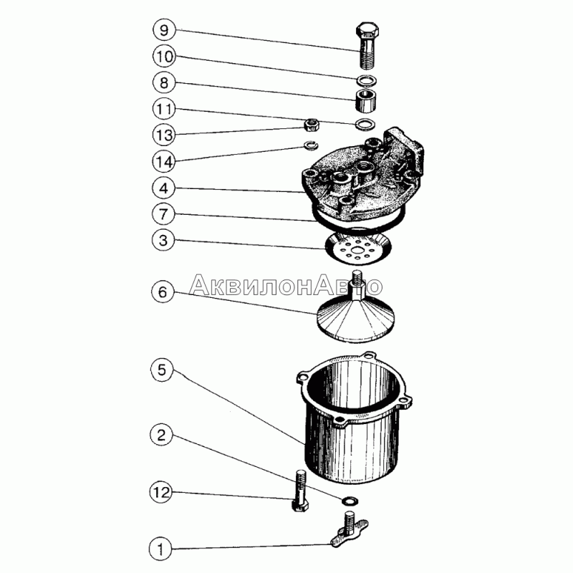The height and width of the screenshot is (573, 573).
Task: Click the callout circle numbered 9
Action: (164, 30)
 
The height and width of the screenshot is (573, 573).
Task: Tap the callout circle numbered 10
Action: (164, 57)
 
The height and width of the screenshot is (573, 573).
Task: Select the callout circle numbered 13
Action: (164, 135)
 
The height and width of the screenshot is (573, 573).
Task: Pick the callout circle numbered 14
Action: (164, 162)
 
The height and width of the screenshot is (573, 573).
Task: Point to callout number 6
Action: (163, 292)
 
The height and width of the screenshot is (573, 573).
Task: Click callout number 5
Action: (162, 370)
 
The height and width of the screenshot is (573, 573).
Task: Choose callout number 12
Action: (161, 492)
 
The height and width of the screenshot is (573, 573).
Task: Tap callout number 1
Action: (160, 549)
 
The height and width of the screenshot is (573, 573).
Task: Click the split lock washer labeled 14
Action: (312, 145)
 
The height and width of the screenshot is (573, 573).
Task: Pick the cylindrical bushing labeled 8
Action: (366, 100)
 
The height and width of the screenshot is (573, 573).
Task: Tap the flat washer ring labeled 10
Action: (366, 80)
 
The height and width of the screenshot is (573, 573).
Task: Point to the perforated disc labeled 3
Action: (357, 249)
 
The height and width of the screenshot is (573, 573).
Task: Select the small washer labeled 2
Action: (350, 499)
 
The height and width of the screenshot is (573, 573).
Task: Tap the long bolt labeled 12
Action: (300, 491)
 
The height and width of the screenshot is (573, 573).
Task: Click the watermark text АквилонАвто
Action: (286, 285)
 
